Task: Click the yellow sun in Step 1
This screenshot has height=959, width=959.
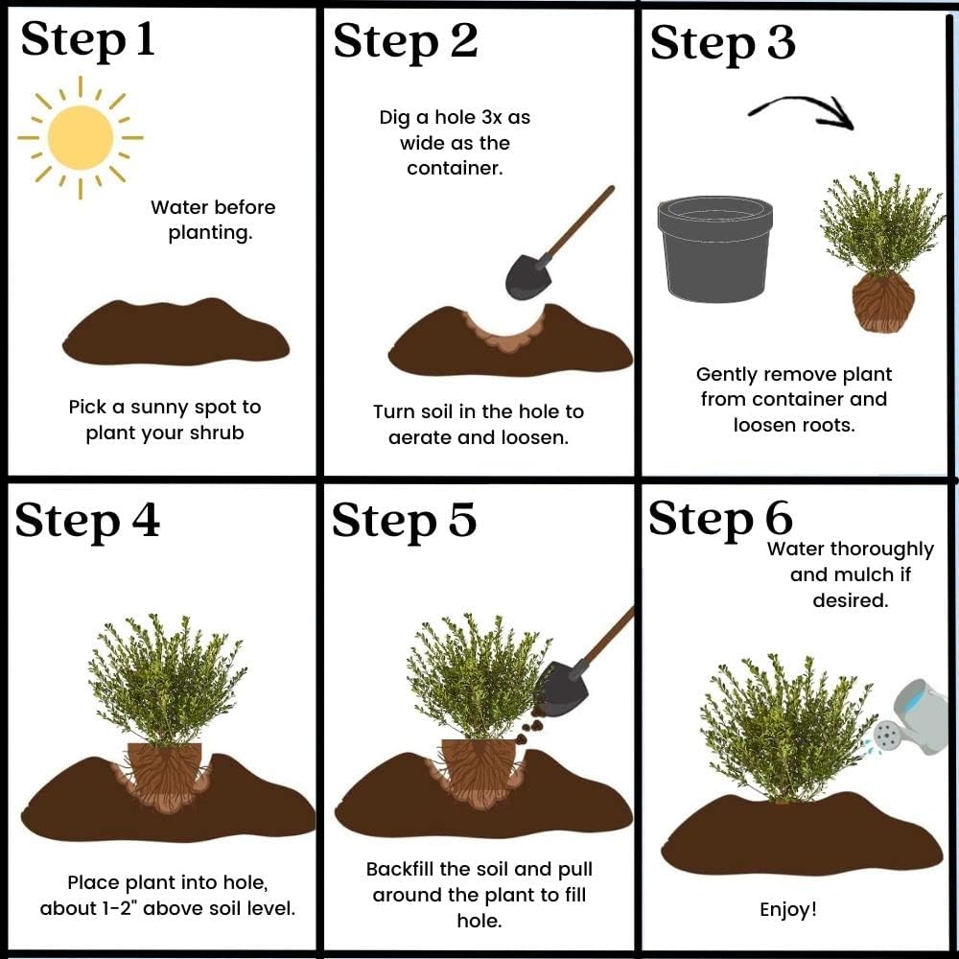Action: (x=81, y=137)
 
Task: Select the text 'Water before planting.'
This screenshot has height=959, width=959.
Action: (x=212, y=220)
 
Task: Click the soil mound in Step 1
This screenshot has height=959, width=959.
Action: (x=175, y=332)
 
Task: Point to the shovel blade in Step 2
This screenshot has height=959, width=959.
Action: (x=528, y=276)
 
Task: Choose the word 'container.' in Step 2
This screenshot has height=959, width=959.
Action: (x=455, y=168)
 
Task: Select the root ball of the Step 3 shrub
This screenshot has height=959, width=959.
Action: (x=883, y=303)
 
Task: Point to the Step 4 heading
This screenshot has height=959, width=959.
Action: (x=87, y=521)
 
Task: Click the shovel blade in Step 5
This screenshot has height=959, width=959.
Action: (x=561, y=690)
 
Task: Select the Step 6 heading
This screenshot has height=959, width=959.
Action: (x=720, y=519)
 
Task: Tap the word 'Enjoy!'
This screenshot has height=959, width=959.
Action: (x=787, y=910)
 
